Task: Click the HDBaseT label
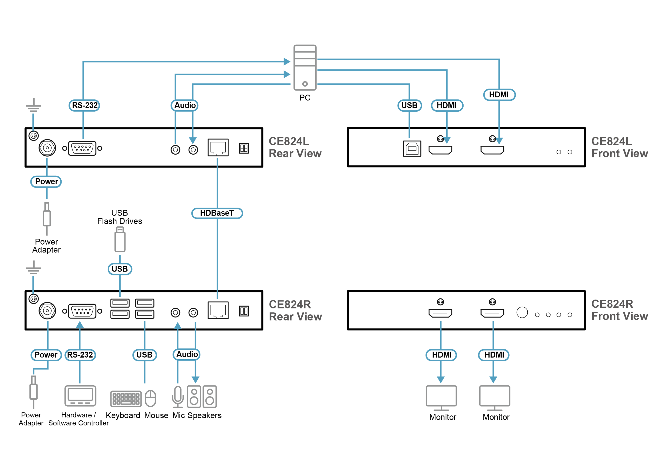[217, 213]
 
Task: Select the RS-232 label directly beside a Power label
[80, 355]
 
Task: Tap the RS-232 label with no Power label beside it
[84, 105]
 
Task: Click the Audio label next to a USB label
[187, 354]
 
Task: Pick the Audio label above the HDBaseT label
[185, 105]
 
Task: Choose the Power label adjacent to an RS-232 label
[46, 355]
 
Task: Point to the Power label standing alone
[46, 182]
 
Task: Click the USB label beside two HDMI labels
[409, 105]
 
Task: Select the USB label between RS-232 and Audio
[144, 355]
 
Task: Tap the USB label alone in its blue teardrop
[120, 269]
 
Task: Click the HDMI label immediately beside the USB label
[446, 105]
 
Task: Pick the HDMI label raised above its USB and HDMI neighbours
[499, 95]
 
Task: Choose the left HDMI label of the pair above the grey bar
[442, 355]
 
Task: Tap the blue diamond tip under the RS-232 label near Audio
[83, 134]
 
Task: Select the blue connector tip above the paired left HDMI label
[441, 323]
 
